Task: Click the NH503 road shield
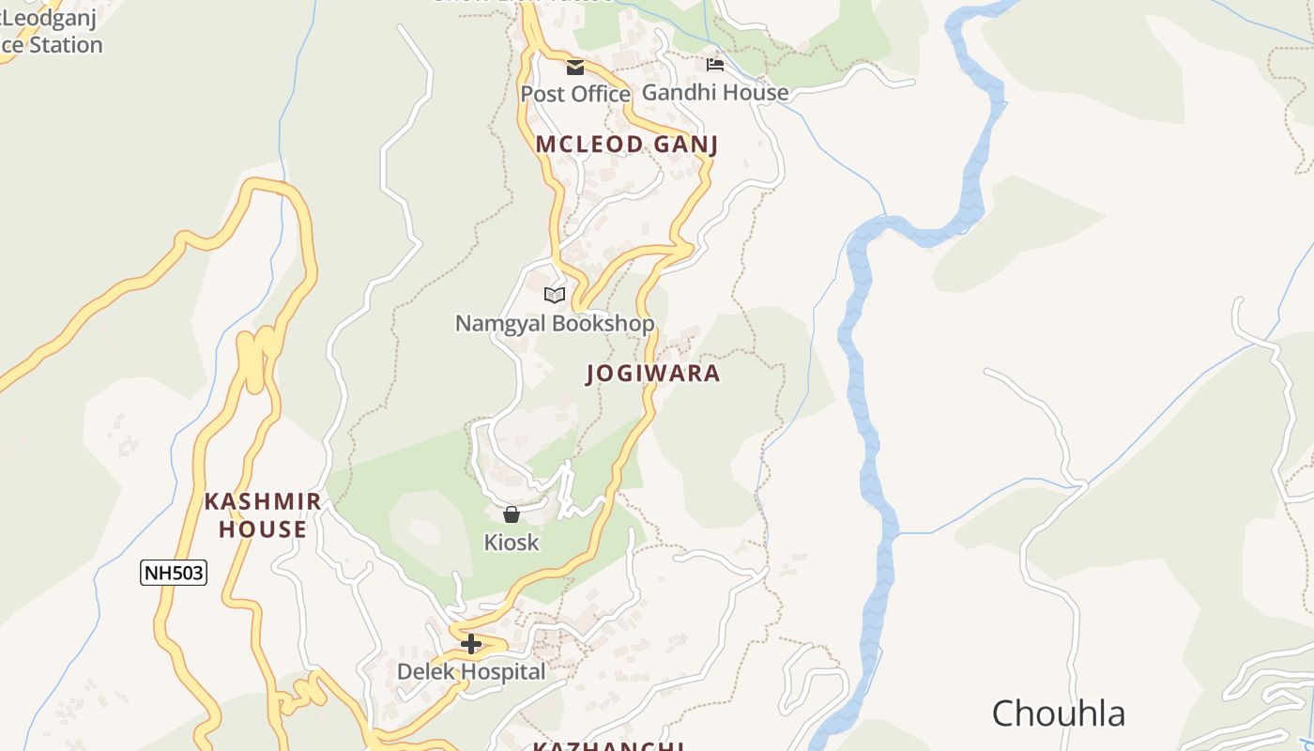[174, 573]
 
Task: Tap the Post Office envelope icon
[574, 68]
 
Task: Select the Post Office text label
[575, 94]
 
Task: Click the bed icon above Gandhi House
[715, 65]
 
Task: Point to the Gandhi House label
[715, 92]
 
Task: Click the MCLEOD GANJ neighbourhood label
[627, 145]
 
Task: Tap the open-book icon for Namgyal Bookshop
[555, 296]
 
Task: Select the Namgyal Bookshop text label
[555, 324]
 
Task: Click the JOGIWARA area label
[653, 374]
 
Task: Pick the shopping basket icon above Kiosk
[512, 514]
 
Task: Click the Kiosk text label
[512, 543]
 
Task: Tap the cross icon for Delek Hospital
[471, 644]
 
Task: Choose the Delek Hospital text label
[471, 672]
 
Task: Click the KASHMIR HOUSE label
[263, 515]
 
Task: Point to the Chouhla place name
[1059, 713]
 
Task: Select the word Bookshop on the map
[604, 324]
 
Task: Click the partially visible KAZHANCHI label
[607, 746]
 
